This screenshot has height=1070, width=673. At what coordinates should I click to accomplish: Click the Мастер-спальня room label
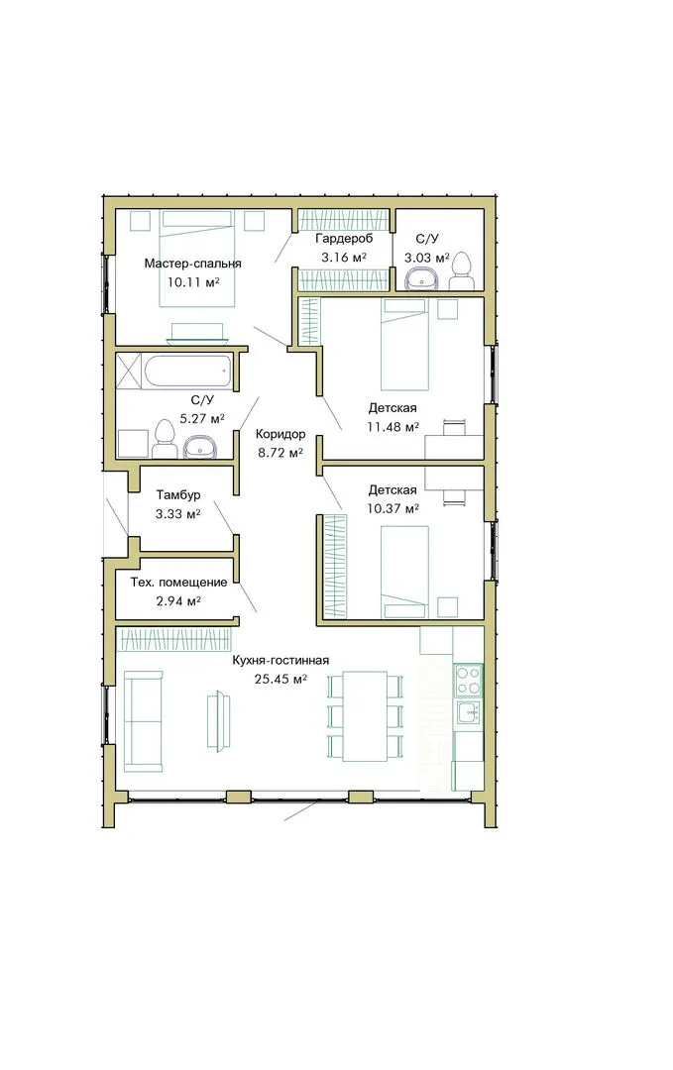click(x=192, y=264)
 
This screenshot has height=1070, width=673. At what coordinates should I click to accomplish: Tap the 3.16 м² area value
click(x=344, y=258)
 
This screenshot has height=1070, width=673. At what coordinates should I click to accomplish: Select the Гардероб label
click(x=344, y=239)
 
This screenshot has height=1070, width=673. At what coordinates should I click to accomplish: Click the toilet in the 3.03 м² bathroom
click(x=462, y=270)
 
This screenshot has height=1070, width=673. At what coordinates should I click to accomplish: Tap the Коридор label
click(x=280, y=434)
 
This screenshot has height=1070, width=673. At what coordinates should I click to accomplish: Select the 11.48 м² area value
click(x=393, y=427)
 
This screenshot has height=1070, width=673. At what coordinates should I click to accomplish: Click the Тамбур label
click(x=178, y=494)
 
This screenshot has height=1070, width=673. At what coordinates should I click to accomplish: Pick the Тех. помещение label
click(x=178, y=583)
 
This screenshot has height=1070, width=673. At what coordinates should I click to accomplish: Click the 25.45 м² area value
click(x=280, y=679)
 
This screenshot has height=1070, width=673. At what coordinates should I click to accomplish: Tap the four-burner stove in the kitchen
click(x=468, y=680)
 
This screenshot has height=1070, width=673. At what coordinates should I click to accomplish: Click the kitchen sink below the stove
click(x=469, y=711)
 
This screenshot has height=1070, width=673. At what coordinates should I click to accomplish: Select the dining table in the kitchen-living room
click(x=365, y=716)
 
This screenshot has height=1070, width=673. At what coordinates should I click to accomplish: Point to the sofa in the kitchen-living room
click(x=144, y=720)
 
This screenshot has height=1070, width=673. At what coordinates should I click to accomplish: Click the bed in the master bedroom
click(x=198, y=259)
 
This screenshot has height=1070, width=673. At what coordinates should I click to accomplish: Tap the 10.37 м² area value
click(x=393, y=509)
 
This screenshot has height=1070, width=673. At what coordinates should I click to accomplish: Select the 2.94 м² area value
click(x=178, y=601)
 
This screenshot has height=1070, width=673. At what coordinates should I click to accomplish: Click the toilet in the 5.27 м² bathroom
click(x=164, y=439)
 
